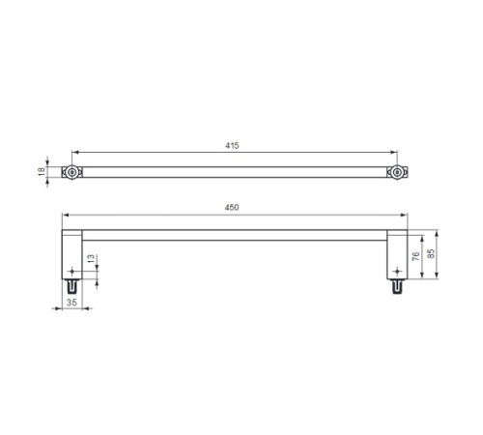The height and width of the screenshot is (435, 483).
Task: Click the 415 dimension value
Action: tap(233, 145)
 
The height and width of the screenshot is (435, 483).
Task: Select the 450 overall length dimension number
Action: tap(233, 208)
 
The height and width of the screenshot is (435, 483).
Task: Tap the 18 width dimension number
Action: tap(42, 172)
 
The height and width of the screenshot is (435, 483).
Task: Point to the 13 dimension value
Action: tap(90, 260)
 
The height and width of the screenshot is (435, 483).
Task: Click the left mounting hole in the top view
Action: tap(71, 172)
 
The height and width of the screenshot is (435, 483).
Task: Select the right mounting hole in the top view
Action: tap(396, 172)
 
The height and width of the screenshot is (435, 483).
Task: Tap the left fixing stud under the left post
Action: tap(71, 288)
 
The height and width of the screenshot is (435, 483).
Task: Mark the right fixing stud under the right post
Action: tap(396, 288)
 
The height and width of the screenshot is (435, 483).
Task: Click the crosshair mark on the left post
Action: tap(71, 272)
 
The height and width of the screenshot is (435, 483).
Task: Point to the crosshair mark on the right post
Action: tap(396, 272)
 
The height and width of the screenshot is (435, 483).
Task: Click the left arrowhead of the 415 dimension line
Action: tap(74, 152)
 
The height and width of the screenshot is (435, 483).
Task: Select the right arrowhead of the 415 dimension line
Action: tap(393, 152)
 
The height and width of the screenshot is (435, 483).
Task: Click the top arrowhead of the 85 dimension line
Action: tap(437, 234)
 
